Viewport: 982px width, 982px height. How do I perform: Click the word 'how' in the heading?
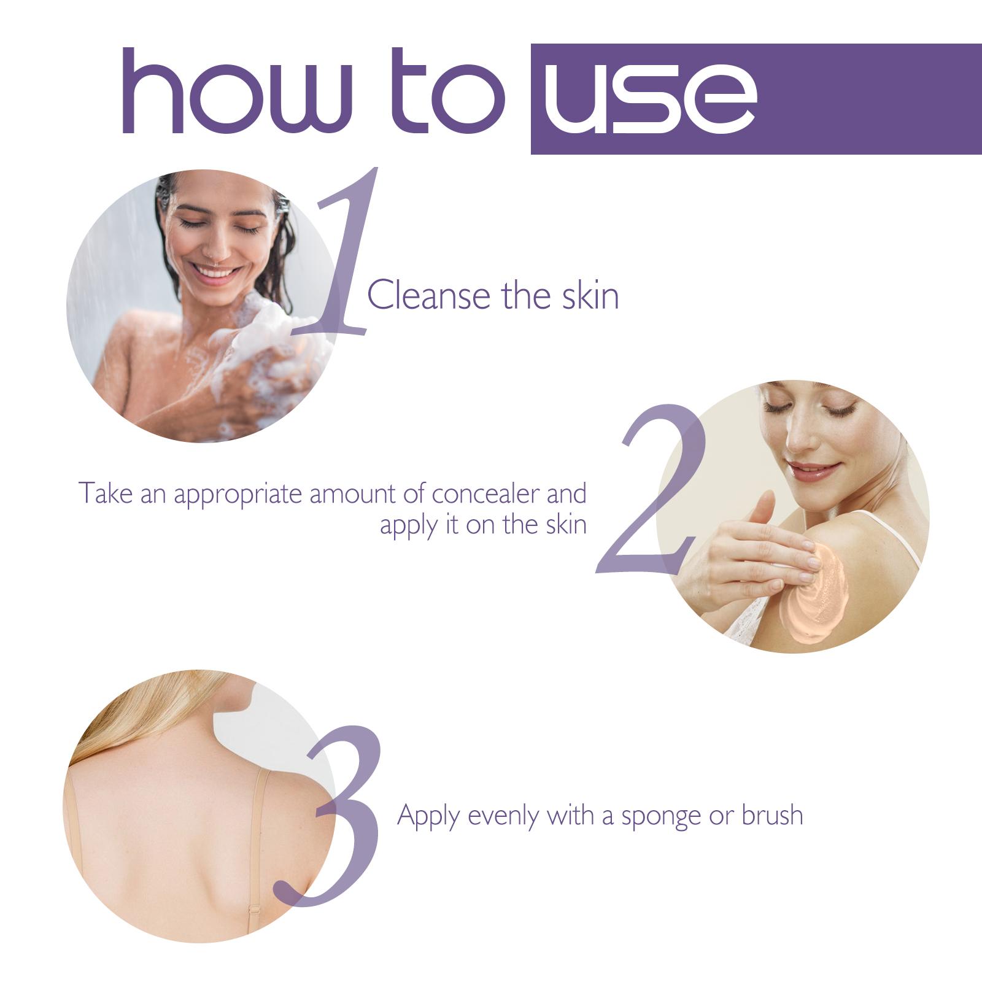[x=236, y=92]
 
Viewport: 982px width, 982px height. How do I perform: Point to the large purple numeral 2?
[x=654, y=491]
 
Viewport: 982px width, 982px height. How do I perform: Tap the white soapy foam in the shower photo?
[x=270, y=344]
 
